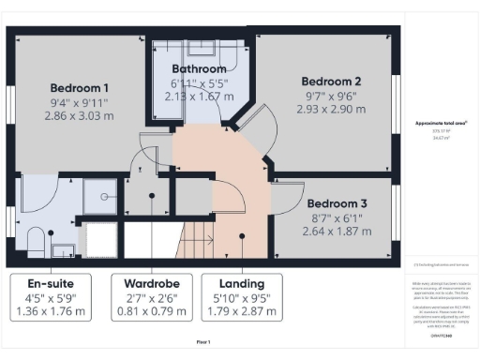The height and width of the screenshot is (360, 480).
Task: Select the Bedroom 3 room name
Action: (337, 203)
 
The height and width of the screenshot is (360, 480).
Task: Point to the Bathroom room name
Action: (199, 69)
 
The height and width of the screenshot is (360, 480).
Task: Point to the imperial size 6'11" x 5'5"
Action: (199, 82)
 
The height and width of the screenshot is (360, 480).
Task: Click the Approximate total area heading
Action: (441, 123)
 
